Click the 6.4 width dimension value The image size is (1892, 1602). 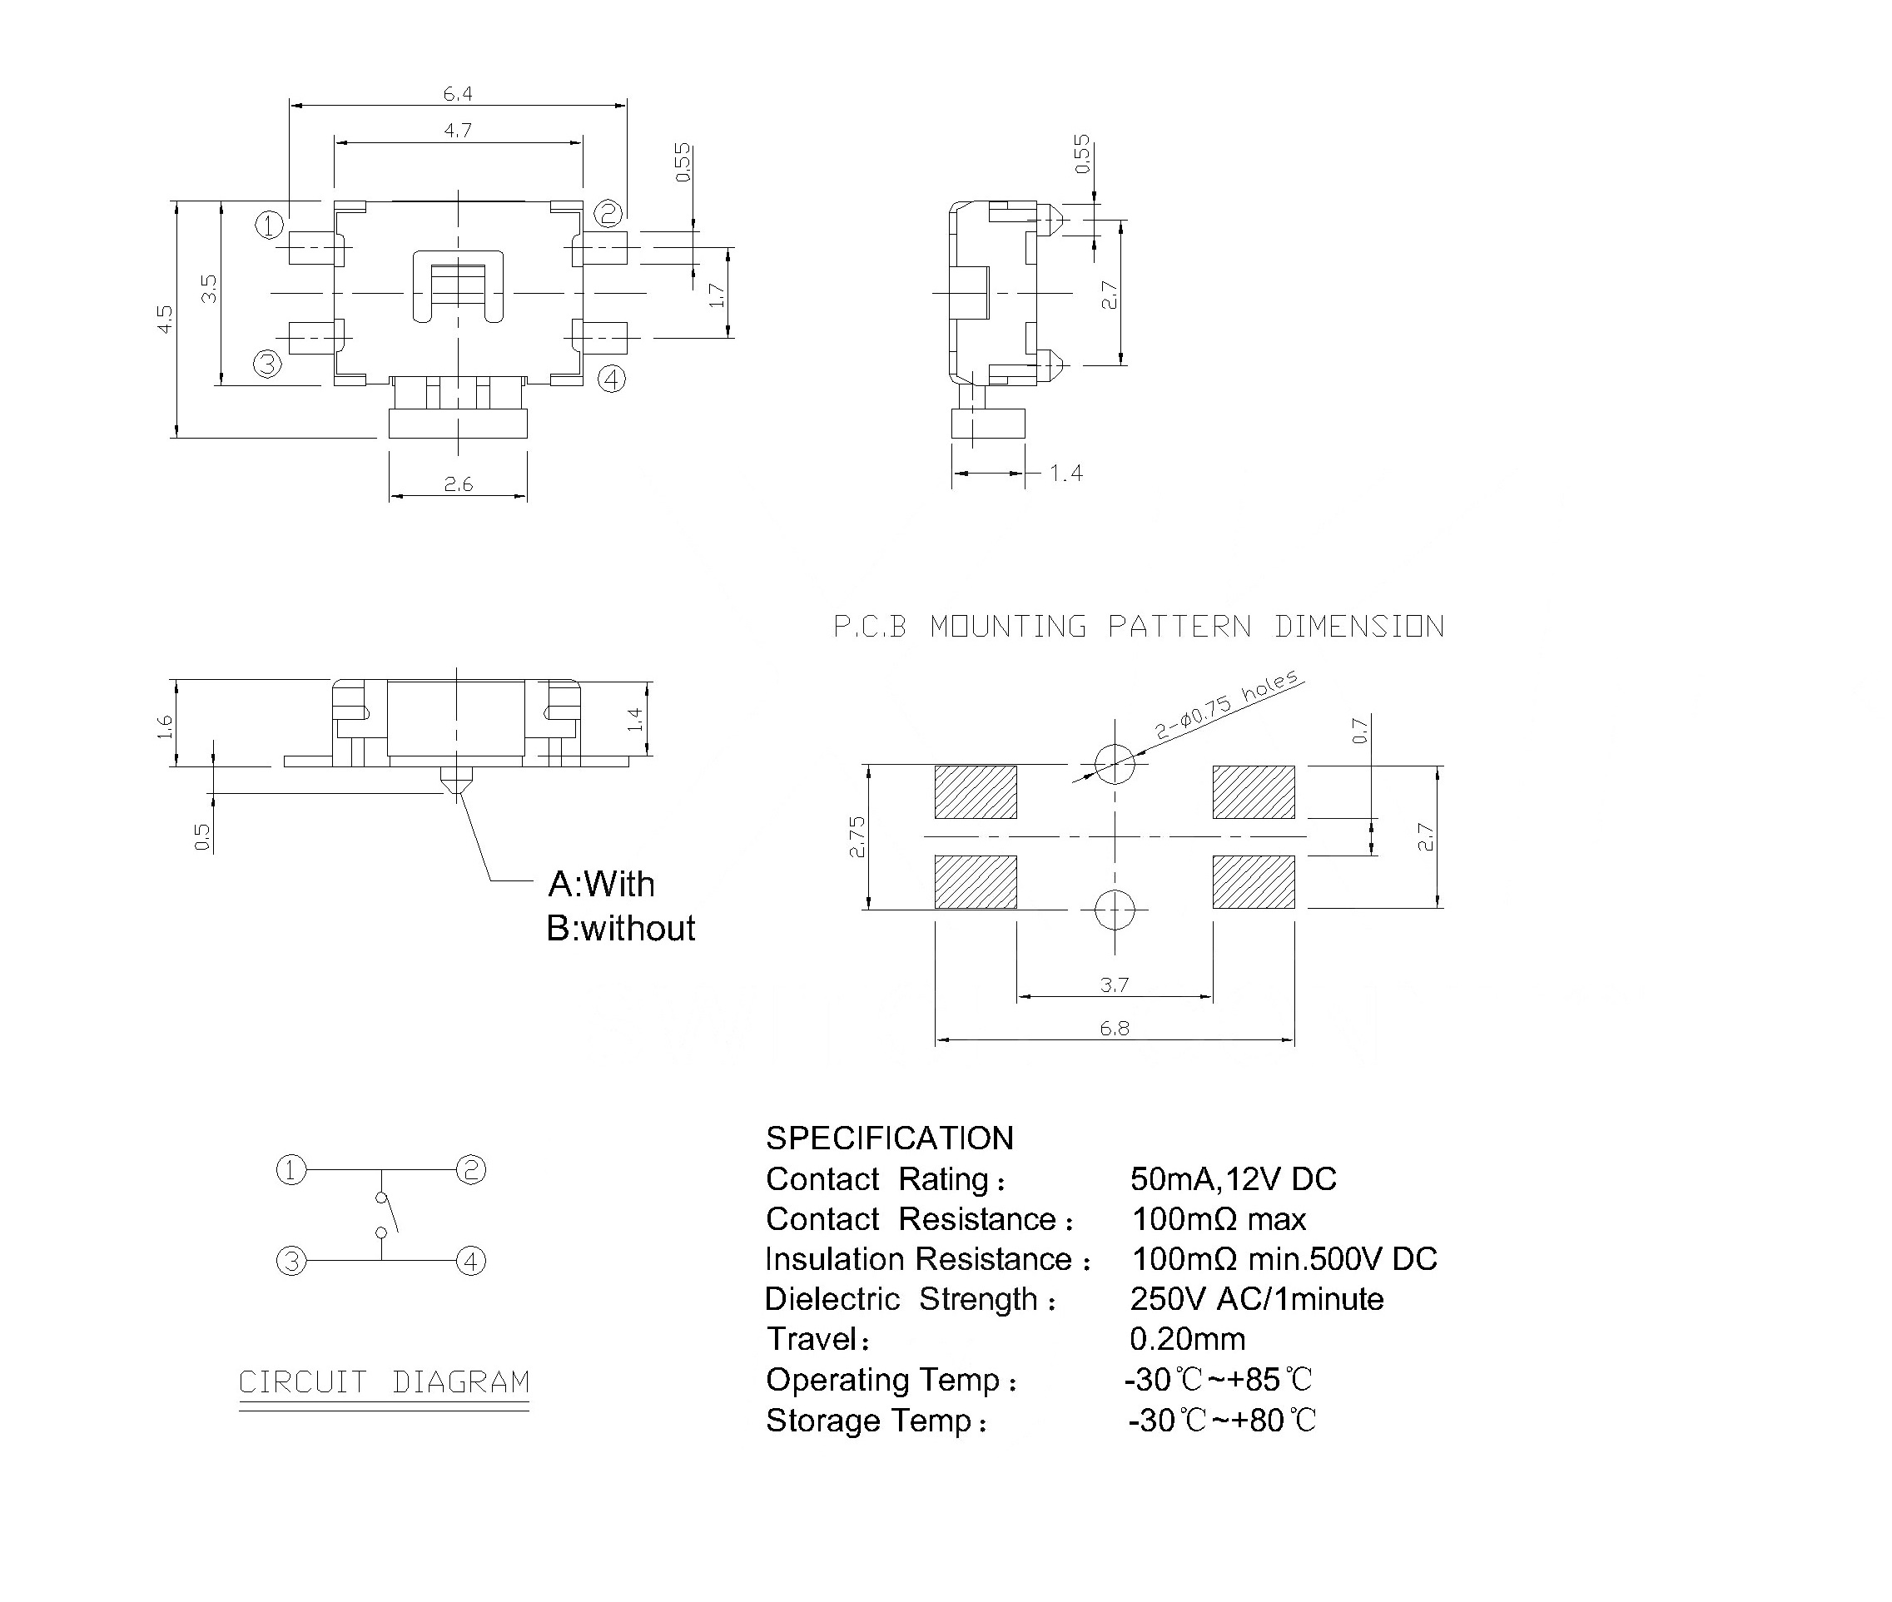(457, 93)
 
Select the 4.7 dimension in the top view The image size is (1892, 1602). (458, 131)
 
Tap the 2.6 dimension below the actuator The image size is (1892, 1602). (458, 484)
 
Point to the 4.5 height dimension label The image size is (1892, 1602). (165, 319)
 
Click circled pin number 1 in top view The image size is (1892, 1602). (269, 226)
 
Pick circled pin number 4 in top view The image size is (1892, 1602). (611, 379)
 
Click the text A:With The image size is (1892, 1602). (601, 884)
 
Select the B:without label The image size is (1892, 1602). (620, 928)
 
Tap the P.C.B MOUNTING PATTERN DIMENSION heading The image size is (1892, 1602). (1138, 627)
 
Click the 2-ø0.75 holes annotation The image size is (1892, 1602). (1228, 704)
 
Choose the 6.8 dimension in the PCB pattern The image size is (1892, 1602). (1115, 1028)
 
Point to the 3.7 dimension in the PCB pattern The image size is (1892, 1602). (1115, 985)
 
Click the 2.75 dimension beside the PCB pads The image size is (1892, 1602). (857, 836)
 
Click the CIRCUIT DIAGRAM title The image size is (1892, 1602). (383, 1382)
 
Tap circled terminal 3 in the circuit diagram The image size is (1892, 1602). (291, 1262)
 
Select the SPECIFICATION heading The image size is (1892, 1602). (889, 1138)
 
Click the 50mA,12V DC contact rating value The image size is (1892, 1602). (1233, 1178)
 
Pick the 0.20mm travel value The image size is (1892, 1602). (1187, 1339)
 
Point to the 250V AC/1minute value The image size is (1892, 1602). (1256, 1299)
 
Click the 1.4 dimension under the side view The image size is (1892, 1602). (1065, 474)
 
